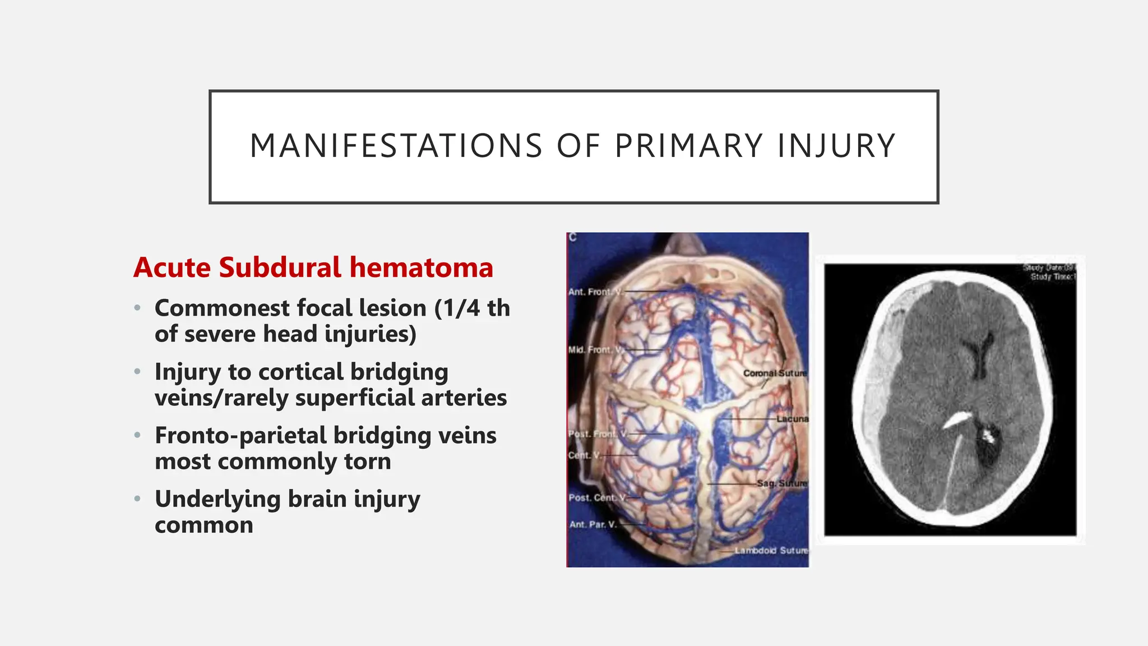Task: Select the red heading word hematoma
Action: pyautogui.click(x=422, y=267)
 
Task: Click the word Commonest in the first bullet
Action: pyautogui.click(x=223, y=308)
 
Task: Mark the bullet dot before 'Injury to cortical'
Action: pyautogui.click(x=137, y=371)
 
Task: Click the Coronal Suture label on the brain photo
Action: pyautogui.click(x=775, y=373)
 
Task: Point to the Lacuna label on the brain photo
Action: pyautogui.click(x=792, y=419)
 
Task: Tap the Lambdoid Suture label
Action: pyautogui.click(x=771, y=551)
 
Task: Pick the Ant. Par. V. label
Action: pyautogui.click(x=592, y=524)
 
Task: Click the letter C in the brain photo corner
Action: pyautogui.click(x=572, y=238)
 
